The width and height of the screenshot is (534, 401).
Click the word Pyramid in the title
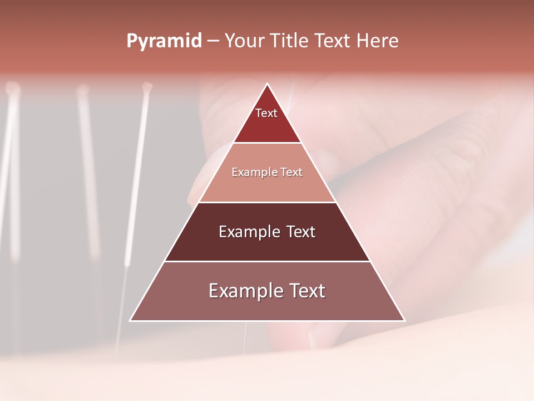pos(164,41)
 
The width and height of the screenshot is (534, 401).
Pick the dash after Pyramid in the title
pos(212,41)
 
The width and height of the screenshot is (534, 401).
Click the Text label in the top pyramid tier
pos(266,113)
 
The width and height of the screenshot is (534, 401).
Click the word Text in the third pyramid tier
pos(301,232)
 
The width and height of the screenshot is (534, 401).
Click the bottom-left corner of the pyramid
pos(130,321)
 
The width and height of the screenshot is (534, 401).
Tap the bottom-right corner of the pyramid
pos(404,321)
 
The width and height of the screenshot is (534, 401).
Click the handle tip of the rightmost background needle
pos(147,86)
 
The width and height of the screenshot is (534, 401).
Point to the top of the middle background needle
pos(83,89)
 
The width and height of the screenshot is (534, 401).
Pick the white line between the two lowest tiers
pos(268,261)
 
